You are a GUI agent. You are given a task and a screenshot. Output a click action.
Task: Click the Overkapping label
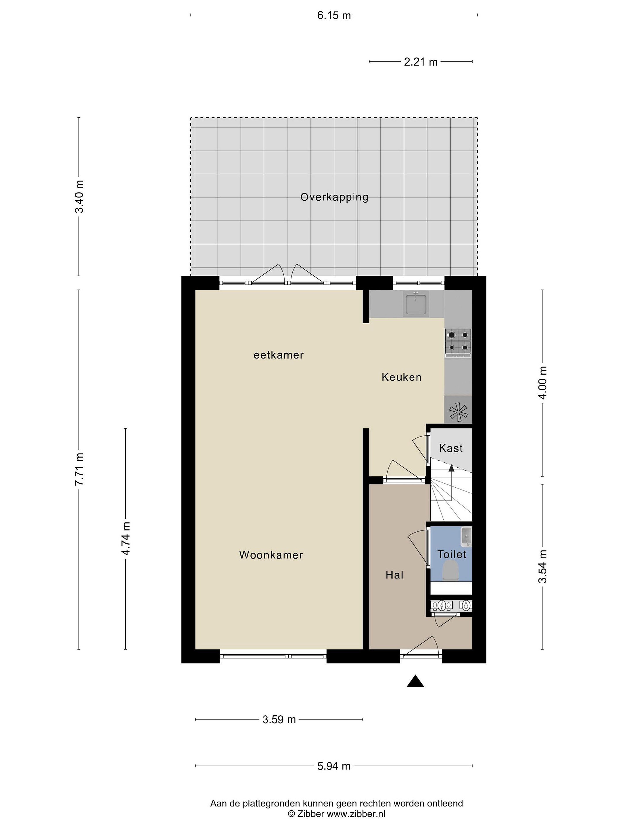334,197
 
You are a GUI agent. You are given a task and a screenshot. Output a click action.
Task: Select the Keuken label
401,377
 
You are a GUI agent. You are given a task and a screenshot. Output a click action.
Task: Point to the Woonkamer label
271,555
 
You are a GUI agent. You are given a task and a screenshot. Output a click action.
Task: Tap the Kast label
451,448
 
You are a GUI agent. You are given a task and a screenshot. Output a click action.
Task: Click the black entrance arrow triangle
415,681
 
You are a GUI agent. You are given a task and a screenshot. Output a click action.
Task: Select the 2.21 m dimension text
420,62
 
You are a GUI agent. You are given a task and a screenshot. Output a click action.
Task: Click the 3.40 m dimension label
79,197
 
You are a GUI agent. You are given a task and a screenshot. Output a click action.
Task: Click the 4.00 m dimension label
543,383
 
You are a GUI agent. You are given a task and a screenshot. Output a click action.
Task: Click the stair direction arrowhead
451,467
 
